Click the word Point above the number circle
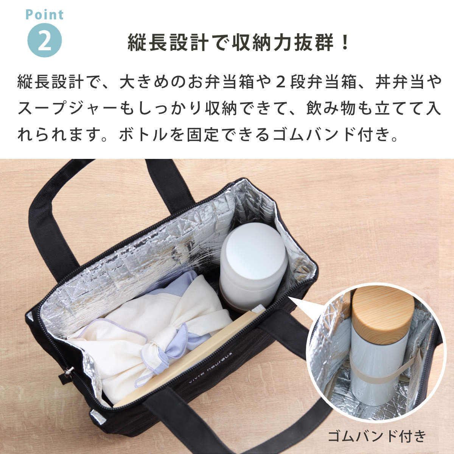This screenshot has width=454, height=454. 45,15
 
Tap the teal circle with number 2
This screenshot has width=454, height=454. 45,40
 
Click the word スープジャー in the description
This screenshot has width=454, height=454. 67,109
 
